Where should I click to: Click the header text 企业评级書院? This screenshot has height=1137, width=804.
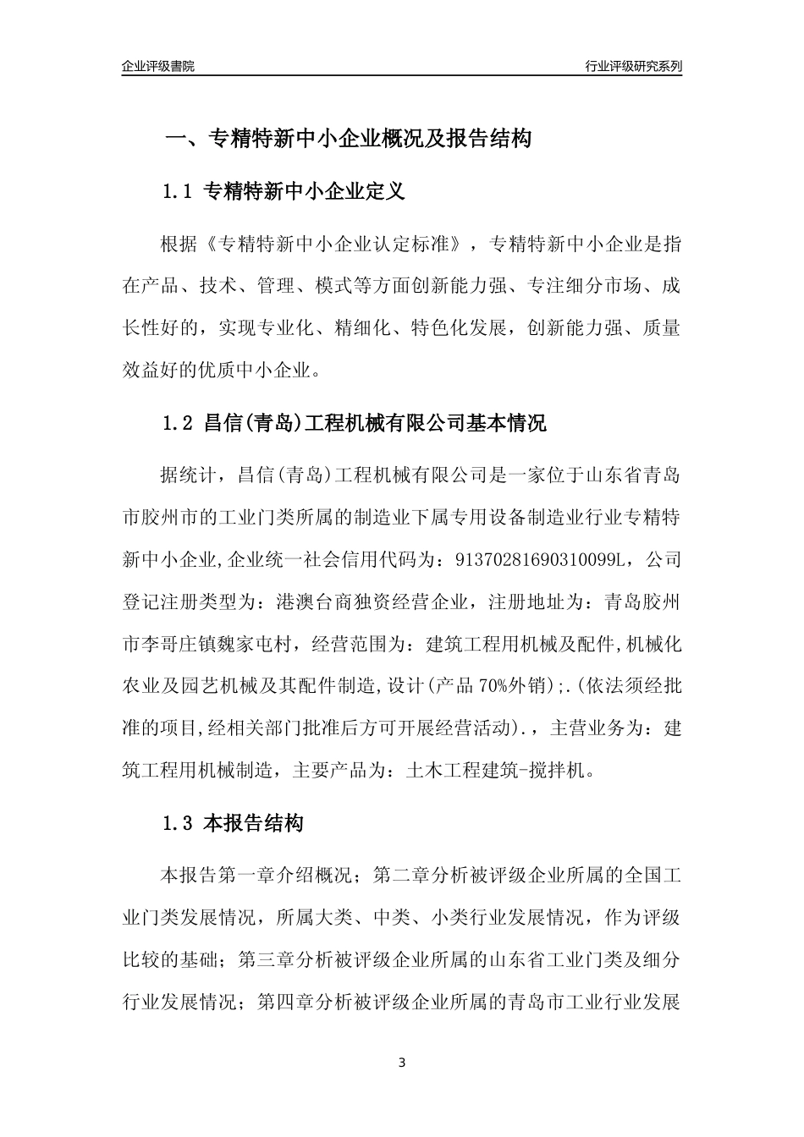coord(157,66)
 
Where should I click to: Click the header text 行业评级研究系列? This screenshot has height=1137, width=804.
coord(634,66)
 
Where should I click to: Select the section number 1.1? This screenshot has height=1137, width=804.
coord(178,192)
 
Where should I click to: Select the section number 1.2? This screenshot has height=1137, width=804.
coord(178,424)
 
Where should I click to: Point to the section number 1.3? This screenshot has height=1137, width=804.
coord(178,823)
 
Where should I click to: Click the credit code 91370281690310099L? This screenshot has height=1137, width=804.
coord(538,560)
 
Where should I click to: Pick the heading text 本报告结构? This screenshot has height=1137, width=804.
coord(254,823)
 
